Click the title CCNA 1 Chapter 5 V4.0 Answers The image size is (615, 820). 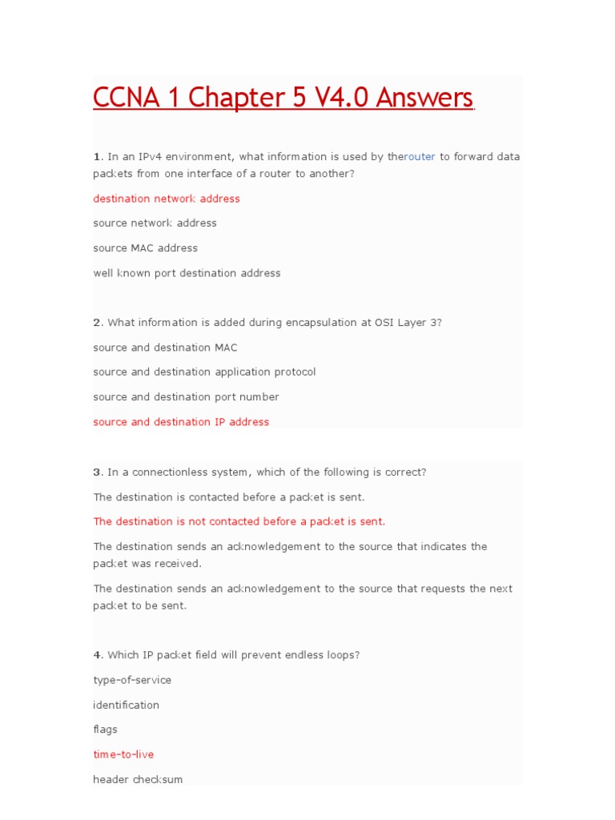pyautogui.click(x=283, y=98)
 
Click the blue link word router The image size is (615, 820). pyautogui.click(x=420, y=157)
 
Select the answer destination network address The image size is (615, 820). pyautogui.click(x=167, y=199)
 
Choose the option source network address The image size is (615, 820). pyautogui.click(x=155, y=223)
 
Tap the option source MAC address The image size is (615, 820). pyautogui.click(x=145, y=248)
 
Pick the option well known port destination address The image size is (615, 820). pyautogui.click(x=187, y=273)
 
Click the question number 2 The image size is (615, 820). pyautogui.click(x=97, y=323)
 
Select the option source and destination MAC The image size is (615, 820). pyautogui.click(x=165, y=348)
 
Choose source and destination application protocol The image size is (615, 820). pyautogui.click(x=204, y=372)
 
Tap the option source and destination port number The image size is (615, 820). pyautogui.click(x=186, y=397)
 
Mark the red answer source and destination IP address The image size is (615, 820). pyautogui.click(x=181, y=422)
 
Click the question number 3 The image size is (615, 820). pyautogui.click(x=97, y=472)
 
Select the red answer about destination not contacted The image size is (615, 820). pyautogui.click(x=239, y=522)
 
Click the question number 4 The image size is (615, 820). pyautogui.click(x=97, y=655)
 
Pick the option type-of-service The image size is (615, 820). pyautogui.click(x=132, y=681)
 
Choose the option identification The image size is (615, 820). pyautogui.click(x=126, y=705)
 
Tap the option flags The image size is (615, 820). pyautogui.click(x=105, y=730)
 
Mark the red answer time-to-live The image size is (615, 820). pyautogui.click(x=123, y=754)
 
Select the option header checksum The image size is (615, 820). pyautogui.click(x=138, y=779)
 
